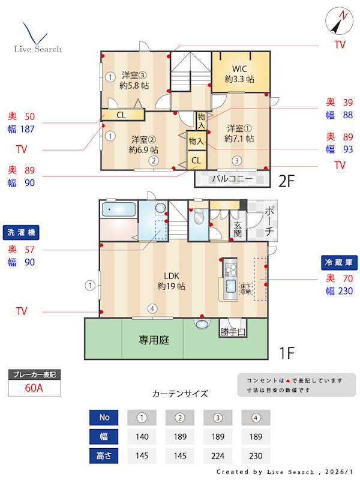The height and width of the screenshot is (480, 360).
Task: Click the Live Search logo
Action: [37, 39]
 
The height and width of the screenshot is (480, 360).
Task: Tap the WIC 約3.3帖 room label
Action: [239, 74]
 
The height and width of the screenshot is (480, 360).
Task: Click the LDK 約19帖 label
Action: [171, 281]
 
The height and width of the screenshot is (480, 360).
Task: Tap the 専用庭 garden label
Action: [154, 340]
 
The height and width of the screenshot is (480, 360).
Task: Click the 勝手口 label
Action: [232, 332]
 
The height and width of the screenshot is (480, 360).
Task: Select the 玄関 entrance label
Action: [238, 229]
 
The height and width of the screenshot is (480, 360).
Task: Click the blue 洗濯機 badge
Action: [22, 232]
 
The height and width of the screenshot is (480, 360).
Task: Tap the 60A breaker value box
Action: [34, 388]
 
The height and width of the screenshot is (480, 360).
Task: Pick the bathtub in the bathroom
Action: [118, 211]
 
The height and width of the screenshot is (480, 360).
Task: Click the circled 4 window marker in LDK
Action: [153, 309]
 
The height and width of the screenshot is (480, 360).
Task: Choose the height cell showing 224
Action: [218, 455]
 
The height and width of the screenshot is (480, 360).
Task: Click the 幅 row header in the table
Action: [104, 436]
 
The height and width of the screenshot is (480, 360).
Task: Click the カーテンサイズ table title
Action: [180, 394]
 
